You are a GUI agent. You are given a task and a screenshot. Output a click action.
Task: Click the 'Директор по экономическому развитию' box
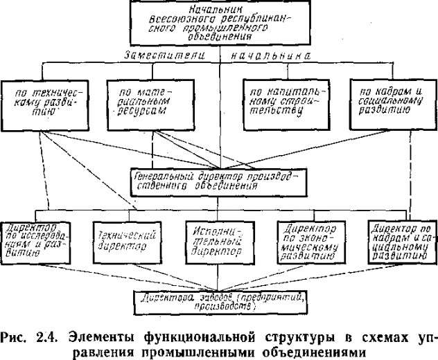310,242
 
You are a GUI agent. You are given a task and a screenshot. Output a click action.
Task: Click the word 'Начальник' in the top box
218,8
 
